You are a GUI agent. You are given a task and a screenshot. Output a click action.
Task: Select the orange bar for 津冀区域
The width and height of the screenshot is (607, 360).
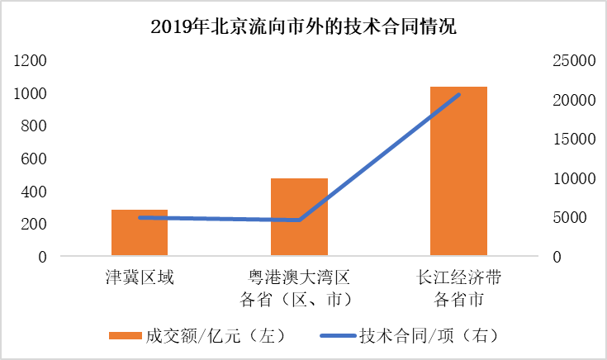click(x=140, y=234)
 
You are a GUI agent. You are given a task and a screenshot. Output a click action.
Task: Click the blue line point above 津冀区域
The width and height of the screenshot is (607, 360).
click(x=140, y=217)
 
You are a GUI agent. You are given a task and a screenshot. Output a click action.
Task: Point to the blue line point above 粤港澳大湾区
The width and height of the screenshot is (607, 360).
click(x=299, y=220)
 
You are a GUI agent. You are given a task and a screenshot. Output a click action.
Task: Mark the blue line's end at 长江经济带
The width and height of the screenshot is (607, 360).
click(x=458, y=94)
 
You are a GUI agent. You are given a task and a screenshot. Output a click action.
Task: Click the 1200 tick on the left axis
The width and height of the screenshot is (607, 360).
click(x=30, y=61)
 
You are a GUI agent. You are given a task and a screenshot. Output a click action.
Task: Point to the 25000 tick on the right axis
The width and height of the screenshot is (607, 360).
click(x=574, y=61)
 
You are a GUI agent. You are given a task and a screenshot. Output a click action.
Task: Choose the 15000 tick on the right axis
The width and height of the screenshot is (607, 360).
click(x=574, y=140)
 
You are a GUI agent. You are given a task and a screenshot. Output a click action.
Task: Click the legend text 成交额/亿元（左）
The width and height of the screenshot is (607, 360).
click(x=215, y=335)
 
